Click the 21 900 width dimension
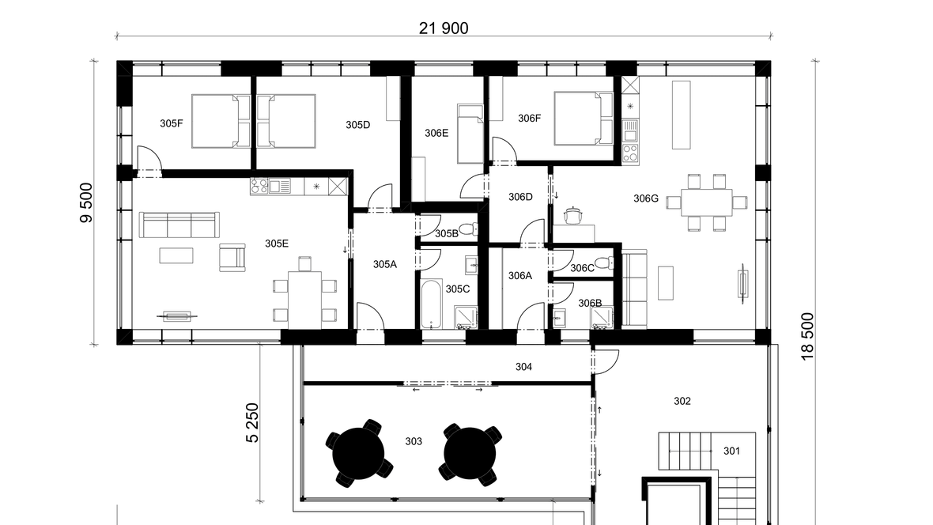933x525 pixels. (444, 28)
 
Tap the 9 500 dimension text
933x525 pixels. (86, 203)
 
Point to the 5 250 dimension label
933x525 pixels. (252, 423)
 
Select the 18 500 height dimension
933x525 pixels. (806, 336)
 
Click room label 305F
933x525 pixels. (172, 124)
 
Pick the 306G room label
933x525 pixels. (646, 198)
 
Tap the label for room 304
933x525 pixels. (523, 367)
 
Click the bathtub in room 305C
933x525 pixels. (432, 304)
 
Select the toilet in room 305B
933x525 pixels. (469, 229)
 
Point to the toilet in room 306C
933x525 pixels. (605, 262)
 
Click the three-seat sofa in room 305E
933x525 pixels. (179, 225)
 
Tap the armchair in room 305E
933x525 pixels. (232, 257)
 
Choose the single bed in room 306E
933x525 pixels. (470, 134)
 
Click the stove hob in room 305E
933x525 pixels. (259, 187)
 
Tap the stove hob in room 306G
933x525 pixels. (630, 153)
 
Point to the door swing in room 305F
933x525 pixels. (150, 158)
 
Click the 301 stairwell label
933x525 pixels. (732, 451)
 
